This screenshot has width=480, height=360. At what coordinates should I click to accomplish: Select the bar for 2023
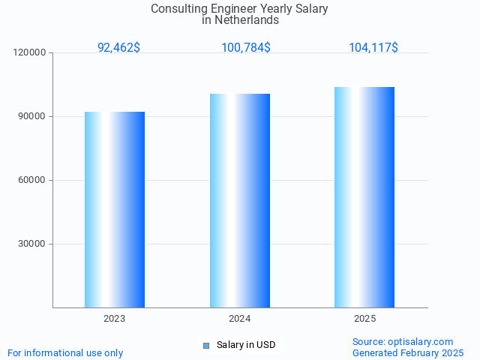click(115, 209)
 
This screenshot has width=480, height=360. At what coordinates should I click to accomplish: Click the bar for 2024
click(240, 200)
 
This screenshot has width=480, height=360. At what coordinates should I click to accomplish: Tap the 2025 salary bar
click(364, 197)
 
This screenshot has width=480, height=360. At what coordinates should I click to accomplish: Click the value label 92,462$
click(118, 47)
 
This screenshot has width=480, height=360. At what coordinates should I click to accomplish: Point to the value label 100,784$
click(246, 47)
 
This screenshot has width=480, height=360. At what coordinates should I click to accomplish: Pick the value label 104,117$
click(373, 47)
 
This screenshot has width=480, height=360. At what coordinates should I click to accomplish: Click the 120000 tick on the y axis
click(31, 52)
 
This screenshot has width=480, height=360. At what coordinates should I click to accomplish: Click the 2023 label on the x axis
click(115, 319)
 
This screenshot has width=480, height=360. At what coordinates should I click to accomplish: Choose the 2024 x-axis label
click(240, 319)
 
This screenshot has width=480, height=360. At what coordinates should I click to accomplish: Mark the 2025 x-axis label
click(364, 319)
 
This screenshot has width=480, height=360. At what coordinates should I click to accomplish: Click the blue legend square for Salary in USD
click(205, 345)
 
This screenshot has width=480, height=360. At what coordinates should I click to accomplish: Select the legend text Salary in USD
click(246, 345)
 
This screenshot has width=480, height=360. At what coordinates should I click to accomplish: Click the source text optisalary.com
click(421, 341)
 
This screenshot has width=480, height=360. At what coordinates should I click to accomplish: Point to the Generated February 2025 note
click(408, 352)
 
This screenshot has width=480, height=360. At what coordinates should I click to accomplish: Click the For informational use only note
click(65, 352)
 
